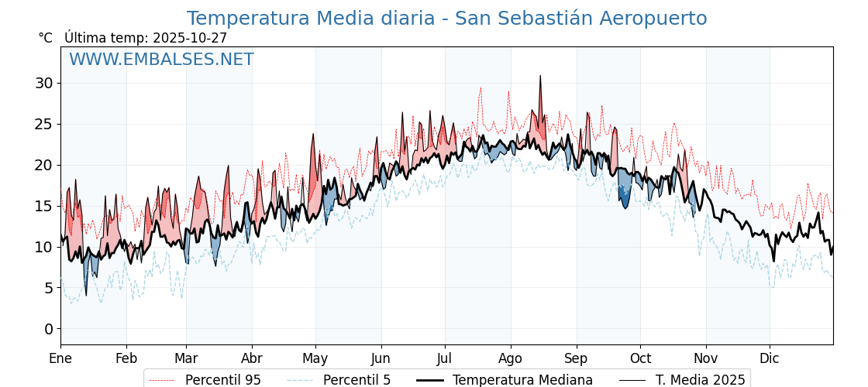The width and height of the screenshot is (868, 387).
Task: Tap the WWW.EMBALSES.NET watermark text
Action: click(x=161, y=60)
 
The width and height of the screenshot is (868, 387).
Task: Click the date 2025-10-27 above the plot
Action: click(x=190, y=38)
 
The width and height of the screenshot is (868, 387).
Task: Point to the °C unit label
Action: click(x=46, y=38)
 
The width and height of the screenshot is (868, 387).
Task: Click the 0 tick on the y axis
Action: click(x=48, y=329)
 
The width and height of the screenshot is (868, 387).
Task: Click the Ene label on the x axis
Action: click(x=60, y=358)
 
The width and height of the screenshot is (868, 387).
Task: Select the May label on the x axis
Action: click(x=315, y=358)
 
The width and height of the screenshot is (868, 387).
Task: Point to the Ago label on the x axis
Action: click(x=510, y=358)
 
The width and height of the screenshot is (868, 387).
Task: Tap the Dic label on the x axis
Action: click(x=770, y=358)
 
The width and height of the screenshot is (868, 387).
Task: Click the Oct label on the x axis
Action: click(x=640, y=358)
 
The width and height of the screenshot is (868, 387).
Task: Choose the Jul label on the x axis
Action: click(x=445, y=358)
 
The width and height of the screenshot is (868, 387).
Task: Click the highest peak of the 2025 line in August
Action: click(x=540, y=77)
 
